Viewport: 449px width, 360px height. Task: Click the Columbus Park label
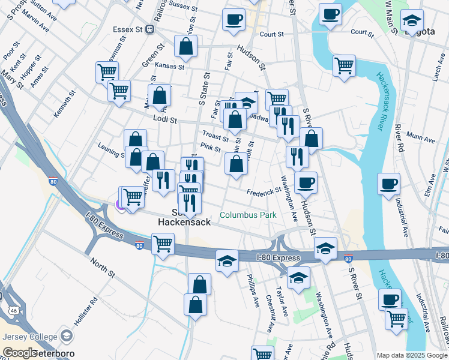point(248,215)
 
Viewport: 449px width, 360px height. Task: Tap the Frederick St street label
point(264,191)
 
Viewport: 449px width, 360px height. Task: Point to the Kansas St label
point(168,65)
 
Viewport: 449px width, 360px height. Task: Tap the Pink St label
point(211,148)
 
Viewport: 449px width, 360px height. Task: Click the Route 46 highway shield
point(13,311)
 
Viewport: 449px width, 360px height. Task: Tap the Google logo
point(19,353)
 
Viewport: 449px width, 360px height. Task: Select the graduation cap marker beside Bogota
point(412,21)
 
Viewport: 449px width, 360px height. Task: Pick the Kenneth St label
point(65,103)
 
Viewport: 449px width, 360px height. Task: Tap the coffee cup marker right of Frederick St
point(306,184)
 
